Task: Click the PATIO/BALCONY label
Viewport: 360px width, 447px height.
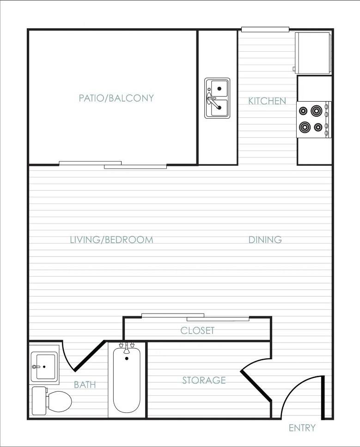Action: tap(116, 98)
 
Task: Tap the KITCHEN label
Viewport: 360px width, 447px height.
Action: tap(267, 101)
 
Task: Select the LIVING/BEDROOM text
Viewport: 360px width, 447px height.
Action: tap(111, 240)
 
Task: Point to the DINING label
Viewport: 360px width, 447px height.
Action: tap(265, 240)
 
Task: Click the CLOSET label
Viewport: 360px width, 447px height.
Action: tap(197, 331)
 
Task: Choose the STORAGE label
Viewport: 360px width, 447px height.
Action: tap(204, 381)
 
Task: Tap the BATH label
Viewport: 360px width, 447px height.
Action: tap(85, 385)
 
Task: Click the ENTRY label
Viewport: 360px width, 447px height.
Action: tap(302, 428)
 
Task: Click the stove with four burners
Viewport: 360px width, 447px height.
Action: tap(313, 119)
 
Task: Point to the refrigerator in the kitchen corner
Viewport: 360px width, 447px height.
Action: tap(313, 53)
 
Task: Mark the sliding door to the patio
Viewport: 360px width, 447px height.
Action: tap(113, 164)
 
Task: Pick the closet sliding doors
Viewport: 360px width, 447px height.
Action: tap(195, 317)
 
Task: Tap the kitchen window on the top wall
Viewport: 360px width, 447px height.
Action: tap(265, 30)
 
